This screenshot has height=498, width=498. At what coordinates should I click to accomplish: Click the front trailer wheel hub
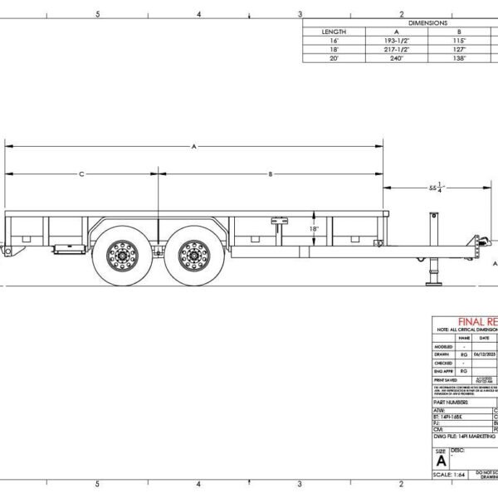[193, 254]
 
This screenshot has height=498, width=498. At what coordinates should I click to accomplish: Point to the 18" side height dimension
[314, 228]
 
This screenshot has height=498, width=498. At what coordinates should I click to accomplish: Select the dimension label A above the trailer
[193, 146]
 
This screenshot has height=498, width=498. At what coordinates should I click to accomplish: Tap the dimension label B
[271, 174]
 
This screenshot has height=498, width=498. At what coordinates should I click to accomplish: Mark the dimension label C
[81, 174]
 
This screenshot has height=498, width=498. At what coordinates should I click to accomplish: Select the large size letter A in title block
[441, 460]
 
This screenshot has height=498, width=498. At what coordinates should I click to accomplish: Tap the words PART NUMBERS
[452, 401]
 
